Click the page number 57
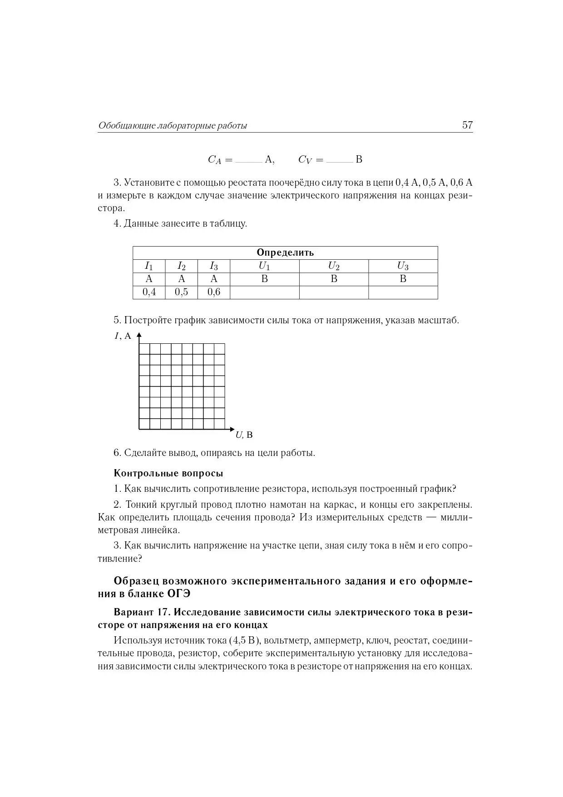click(x=467, y=125)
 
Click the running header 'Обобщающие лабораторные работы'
click(x=173, y=126)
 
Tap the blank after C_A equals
click(x=249, y=160)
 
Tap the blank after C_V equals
click(x=340, y=160)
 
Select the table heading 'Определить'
click(x=285, y=252)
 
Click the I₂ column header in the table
click(x=181, y=266)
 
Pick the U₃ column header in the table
click(x=403, y=266)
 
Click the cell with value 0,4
click(x=149, y=292)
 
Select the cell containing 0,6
click(x=214, y=292)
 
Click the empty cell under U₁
click(x=265, y=292)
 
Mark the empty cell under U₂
click(x=334, y=292)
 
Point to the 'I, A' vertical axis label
click(x=123, y=336)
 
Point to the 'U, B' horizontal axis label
click(x=244, y=435)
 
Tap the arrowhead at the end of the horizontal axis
click(x=232, y=429)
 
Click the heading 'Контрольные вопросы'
click(x=168, y=473)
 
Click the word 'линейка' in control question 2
click(x=162, y=530)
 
